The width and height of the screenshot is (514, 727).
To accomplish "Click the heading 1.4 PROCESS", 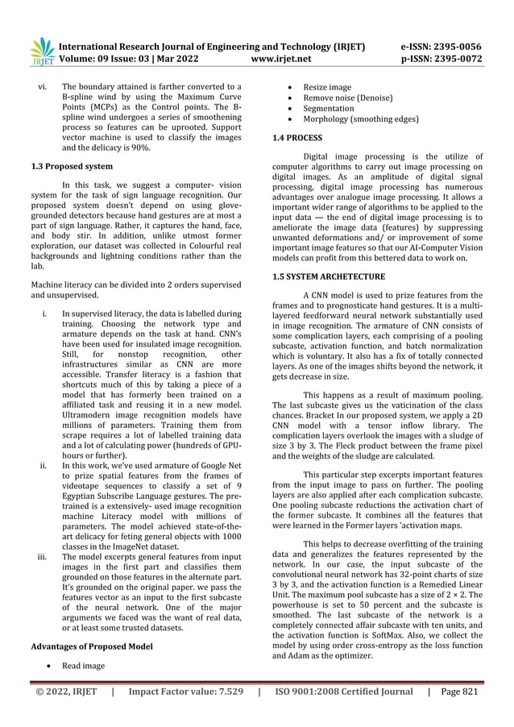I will click(299, 138).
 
